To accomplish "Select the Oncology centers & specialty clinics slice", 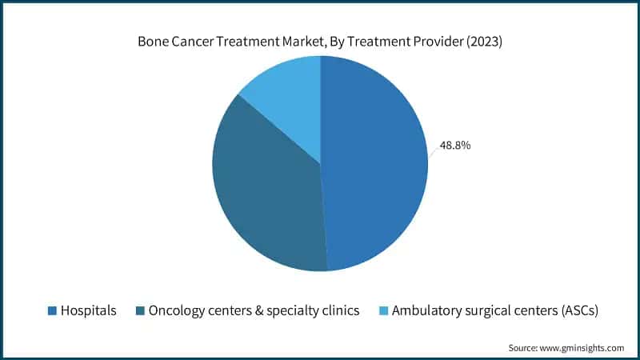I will click(264, 192).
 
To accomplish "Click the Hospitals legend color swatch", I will click(52, 310).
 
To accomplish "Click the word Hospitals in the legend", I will click(89, 310).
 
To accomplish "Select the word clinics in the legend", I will click(338, 310).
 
